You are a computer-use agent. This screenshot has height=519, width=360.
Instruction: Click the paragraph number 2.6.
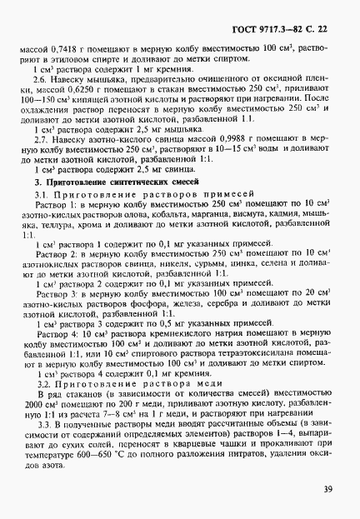(46, 89)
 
